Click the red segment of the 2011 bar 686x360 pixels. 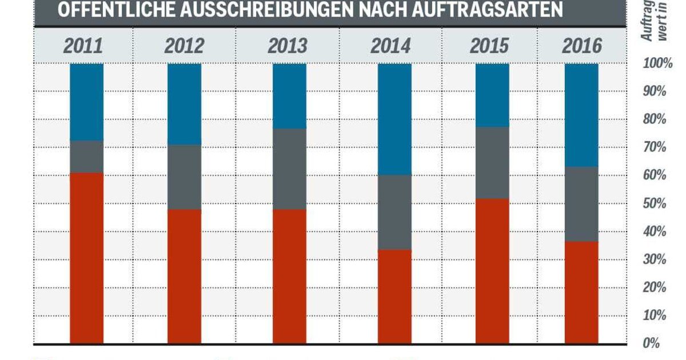click(86, 257)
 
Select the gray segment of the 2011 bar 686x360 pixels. click(86, 157)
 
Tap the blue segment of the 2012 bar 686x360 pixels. click(184, 103)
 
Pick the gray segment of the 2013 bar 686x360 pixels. click(289, 169)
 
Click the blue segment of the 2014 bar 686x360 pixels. click(394, 119)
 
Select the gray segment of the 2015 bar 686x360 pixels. click(492, 163)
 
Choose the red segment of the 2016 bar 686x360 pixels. click(581, 292)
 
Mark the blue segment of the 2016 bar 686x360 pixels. click(581, 115)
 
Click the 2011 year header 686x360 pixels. click(83, 46)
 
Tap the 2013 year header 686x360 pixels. click(287, 46)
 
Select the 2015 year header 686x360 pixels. click(489, 46)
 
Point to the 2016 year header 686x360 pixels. click(581, 46)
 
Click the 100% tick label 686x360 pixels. click(657, 64)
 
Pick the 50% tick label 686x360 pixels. click(655, 203)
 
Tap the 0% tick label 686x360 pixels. click(652, 343)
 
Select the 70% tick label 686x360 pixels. click(655, 147)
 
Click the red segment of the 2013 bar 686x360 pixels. click(289, 277)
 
